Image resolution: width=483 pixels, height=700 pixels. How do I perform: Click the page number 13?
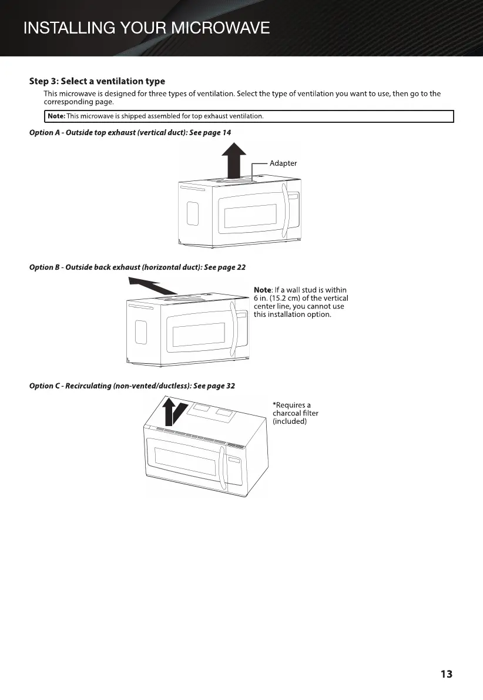[x=446, y=674]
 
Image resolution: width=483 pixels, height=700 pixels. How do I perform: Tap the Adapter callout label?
[x=283, y=163]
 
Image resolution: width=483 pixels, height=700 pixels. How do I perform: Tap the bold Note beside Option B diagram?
[x=262, y=290]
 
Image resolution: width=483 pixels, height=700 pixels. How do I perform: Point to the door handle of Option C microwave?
[x=222, y=471]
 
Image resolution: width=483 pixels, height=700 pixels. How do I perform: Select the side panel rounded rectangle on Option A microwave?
[x=191, y=216]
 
